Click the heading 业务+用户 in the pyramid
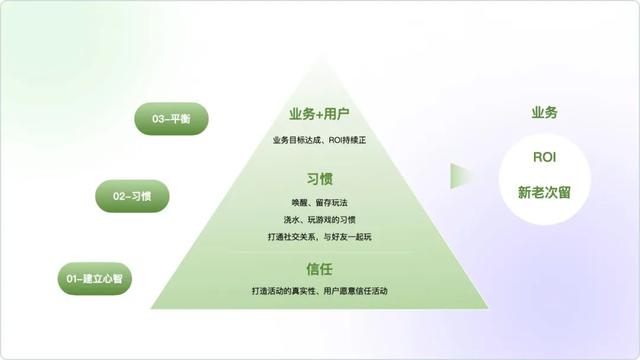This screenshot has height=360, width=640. point(319,114)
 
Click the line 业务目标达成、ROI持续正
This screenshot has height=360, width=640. point(319,139)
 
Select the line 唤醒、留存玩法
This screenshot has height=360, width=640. point(319,203)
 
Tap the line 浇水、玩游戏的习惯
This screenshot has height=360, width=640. point(319,219)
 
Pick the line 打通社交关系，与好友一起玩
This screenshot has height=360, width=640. point(319,236)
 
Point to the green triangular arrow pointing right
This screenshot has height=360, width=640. point(462,176)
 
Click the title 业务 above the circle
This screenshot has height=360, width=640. point(544,113)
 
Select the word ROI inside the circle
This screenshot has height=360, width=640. point(544,158)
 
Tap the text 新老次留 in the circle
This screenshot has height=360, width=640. point(544,190)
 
